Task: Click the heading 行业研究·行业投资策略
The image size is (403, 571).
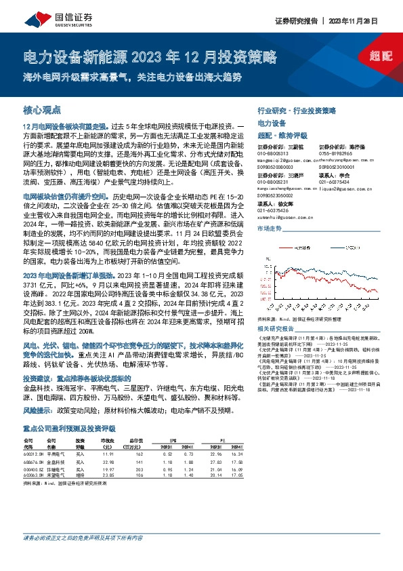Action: tap(297, 110)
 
